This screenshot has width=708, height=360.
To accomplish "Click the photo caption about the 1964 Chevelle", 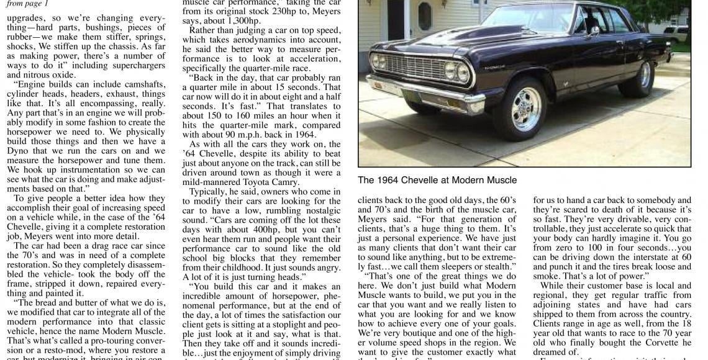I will tap(437, 180).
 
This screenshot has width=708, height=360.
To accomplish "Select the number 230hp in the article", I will tap(283, 11).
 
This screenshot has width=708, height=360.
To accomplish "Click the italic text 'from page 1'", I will tap(25, 3).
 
